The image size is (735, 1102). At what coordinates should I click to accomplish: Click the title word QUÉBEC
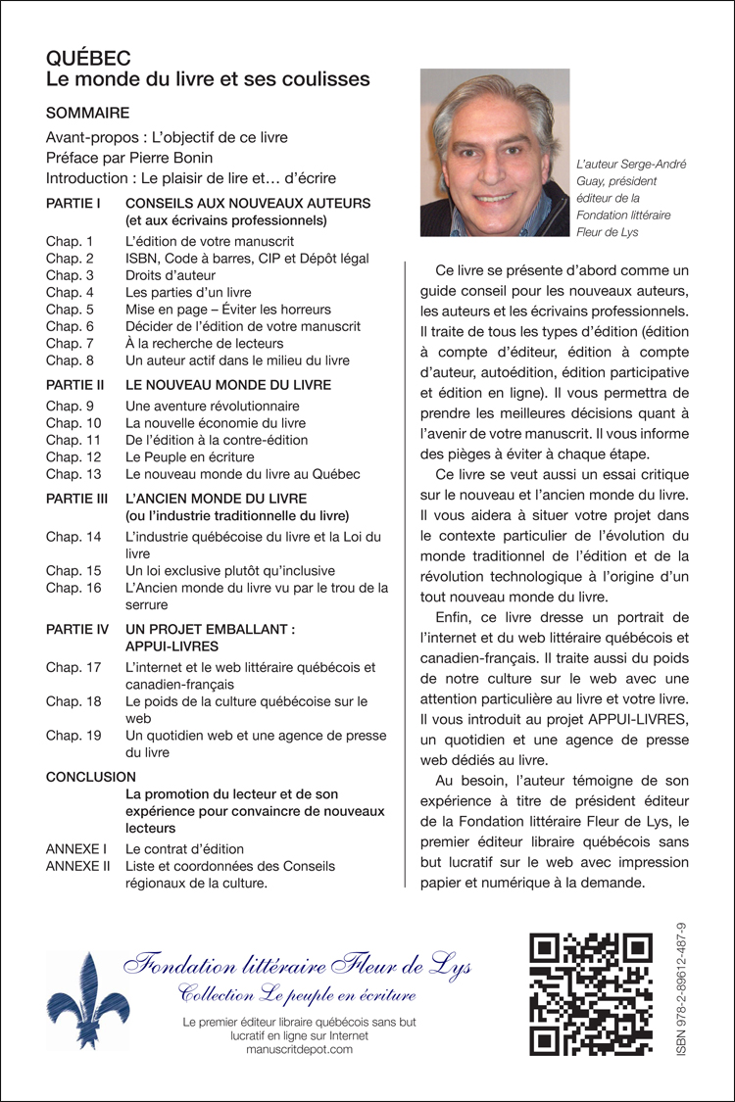pyautogui.click(x=88, y=59)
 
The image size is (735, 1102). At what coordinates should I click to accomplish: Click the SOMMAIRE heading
pyautogui.click(x=87, y=113)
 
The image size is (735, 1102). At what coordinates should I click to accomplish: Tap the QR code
pyautogui.click(x=591, y=994)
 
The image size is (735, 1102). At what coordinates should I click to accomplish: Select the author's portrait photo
pyautogui.click(x=495, y=153)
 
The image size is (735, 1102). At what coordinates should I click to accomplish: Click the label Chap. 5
pyautogui.click(x=70, y=309)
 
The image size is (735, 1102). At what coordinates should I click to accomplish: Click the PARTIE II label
pyautogui.click(x=74, y=385)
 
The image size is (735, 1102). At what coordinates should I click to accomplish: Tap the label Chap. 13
pyautogui.click(x=73, y=474)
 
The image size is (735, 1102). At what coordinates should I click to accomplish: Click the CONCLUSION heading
pyautogui.click(x=91, y=776)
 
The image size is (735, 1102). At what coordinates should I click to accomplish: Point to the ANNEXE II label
pyautogui.click(x=77, y=866)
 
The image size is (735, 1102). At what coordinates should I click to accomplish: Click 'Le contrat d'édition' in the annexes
pyautogui.click(x=185, y=848)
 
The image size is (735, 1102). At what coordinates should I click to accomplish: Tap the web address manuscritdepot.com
pyautogui.click(x=300, y=1049)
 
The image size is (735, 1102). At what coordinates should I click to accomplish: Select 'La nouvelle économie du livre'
pyautogui.click(x=216, y=423)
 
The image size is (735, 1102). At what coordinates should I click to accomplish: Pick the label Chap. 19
pyautogui.click(x=73, y=736)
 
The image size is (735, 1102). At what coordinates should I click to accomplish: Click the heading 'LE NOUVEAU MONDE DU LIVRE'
pyautogui.click(x=228, y=385)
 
